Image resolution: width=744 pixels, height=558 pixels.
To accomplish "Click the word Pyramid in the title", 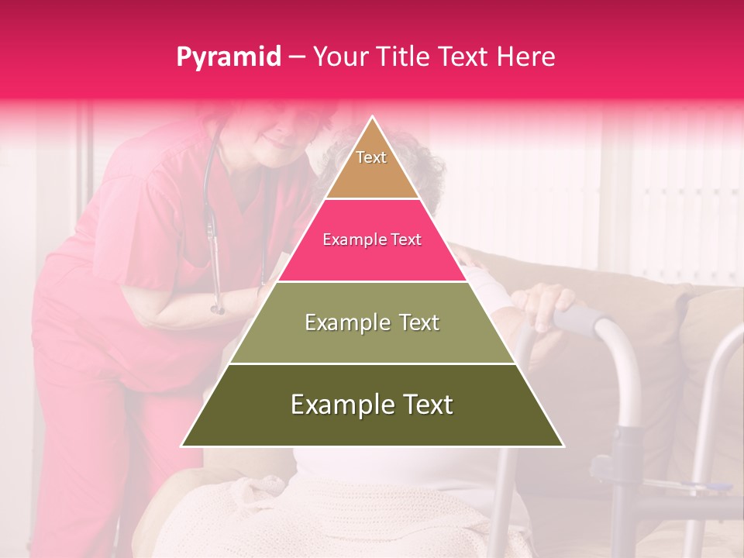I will tap(228, 57).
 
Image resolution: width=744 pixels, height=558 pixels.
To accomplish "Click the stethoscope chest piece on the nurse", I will tap(218, 308).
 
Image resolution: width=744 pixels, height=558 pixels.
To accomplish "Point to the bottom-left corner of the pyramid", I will tap(182, 446).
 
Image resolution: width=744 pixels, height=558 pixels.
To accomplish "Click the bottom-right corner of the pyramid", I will tap(563, 446).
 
